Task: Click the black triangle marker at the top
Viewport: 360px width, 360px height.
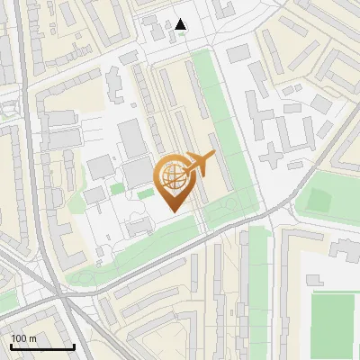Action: click(x=181, y=25)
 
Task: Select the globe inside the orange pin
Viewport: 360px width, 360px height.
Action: click(x=173, y=175)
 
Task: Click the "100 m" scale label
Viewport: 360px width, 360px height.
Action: click(x=23, y=337)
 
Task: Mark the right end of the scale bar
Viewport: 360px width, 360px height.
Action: click(x=75, y=346)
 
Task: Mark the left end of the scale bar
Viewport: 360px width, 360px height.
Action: click(x=11, y=346)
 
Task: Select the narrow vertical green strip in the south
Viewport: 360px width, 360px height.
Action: click(x=256, y=288)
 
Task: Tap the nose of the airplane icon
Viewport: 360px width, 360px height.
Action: click(x=214, y=156)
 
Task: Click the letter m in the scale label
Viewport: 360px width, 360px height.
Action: click(x=32, y=337)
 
